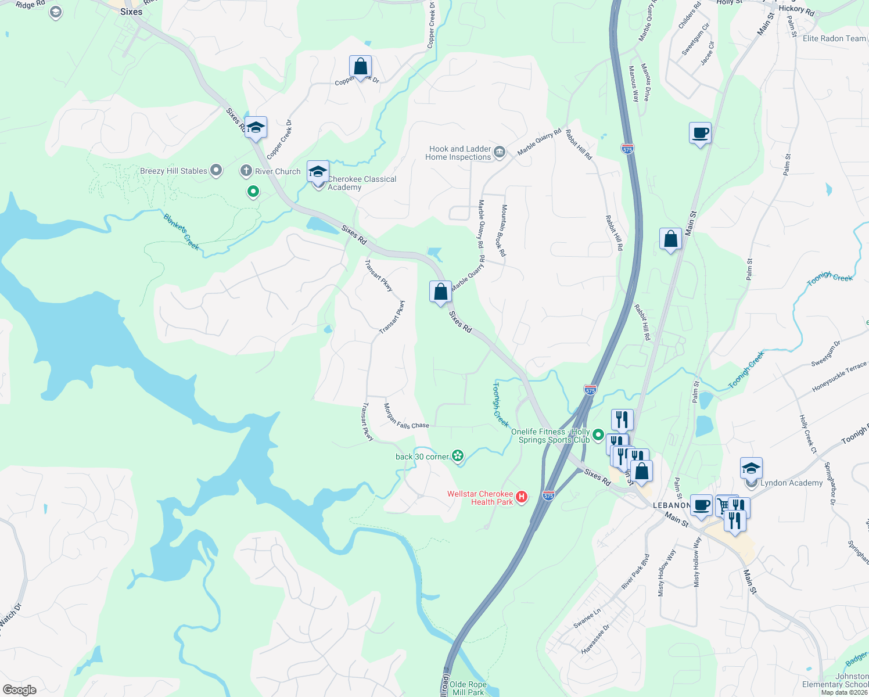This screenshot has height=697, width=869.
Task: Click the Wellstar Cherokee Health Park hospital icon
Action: click(x=522, y=497)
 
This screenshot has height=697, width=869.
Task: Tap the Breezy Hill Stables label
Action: click(x=173, y=171)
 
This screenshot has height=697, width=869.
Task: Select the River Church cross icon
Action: click(x=246, y=171)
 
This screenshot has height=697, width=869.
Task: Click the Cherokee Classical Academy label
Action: click(x=361, y=183)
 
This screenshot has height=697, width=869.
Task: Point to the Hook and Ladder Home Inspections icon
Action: click(x=500, y=153)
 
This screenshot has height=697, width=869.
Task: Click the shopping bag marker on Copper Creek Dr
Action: click(x=360, y=67)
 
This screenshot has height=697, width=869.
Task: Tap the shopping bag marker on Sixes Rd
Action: click(x=440, y=292)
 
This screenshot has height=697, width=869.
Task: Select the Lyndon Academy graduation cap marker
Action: click(x=751, y=468)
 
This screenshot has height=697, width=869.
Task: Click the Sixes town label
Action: click(x=131, y=12)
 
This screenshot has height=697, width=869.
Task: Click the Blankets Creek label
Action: click(x=181, y=232)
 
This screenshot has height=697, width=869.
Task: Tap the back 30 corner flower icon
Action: click(x=458, y=457)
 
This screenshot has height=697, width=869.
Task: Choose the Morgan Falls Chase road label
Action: click(x=406, y=416)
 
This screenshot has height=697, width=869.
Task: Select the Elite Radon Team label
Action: click(x=834, y=38)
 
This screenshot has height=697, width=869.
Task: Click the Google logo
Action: click(x=20, y=689)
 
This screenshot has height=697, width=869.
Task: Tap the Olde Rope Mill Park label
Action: click(x=468, y=688)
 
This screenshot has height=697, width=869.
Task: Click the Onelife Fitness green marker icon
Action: click(x=598, y=436)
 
